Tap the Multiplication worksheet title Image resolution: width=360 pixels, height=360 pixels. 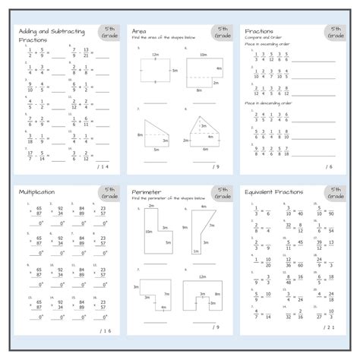coord(38,192)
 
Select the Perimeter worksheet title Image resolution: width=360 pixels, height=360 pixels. coord(146,192)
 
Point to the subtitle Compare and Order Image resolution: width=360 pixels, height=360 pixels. coord(263,38)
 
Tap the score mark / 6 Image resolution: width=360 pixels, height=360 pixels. coord(329,166)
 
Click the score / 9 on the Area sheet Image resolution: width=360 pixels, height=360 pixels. coord(216,166)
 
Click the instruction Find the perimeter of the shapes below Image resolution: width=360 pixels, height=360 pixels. coord(169,198)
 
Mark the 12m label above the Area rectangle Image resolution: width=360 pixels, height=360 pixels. coord(155,55)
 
